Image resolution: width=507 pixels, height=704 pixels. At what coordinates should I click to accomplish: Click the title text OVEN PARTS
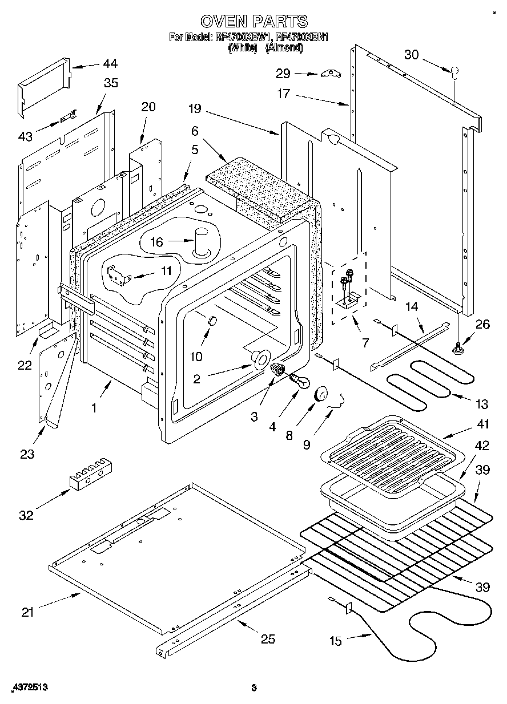pyautogui.click(x=253, y=22)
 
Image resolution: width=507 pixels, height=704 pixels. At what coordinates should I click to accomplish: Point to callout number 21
pyautogui.click(x=28, y=612)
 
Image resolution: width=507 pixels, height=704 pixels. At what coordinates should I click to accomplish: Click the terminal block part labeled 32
pyautogui.click(x=90, y=474)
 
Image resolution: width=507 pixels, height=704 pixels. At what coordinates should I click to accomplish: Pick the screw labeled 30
pyautogui.click(x=454, y=72)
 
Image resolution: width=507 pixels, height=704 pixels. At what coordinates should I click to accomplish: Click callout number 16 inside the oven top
pyautogui.click(x=156, y=242)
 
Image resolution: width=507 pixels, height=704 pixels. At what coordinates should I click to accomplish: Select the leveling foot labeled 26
pyautogui.click(x=458, y=347)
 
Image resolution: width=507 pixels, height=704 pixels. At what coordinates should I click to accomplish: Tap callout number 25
pyautogui.click(x=268, y=639)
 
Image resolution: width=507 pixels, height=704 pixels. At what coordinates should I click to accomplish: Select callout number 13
pyautogui.click(x=481, y=404)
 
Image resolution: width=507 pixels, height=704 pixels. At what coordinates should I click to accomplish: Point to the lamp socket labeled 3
pyautogui.click(x=279, y=369)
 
